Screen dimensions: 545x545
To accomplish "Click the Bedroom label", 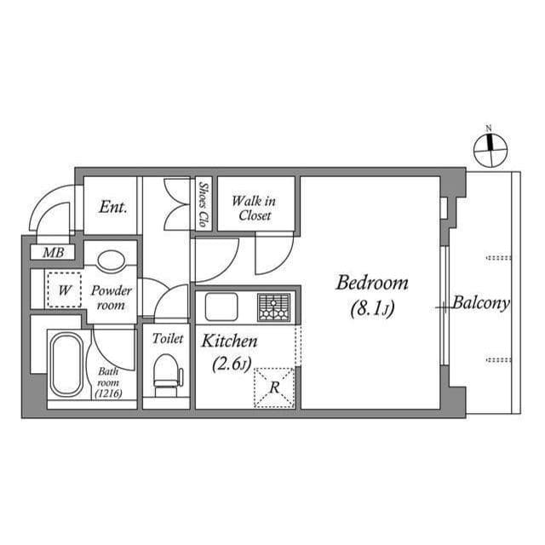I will [371, 283].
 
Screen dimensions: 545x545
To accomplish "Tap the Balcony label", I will [481, 302].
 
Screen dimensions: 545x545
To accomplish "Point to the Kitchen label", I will [229, 341].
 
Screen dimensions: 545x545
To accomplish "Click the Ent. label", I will [112, 206].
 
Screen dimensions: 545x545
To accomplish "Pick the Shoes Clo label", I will [204, 204].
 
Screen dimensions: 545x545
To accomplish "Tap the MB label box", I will [52, 253].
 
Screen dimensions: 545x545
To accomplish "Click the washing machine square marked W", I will [62, 290].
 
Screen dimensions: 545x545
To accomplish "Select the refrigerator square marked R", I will [274, 387].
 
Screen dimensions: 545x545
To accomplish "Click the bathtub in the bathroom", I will [66, 364].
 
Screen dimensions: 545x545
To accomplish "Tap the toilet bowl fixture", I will [167, 372].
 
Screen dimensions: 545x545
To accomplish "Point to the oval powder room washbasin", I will [112, 261].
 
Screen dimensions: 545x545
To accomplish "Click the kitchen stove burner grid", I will [273, 307].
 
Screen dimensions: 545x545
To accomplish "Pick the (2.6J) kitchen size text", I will [229, 366].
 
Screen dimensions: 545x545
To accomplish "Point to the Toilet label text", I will [167, 338].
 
